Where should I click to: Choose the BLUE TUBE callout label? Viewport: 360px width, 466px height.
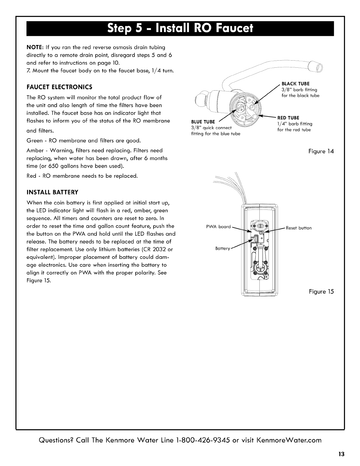(203, 122)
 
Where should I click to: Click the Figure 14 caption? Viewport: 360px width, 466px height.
(321, 152)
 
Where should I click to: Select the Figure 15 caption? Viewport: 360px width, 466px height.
(321, 292)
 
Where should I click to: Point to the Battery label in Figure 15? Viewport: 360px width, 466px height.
(222, 249)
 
